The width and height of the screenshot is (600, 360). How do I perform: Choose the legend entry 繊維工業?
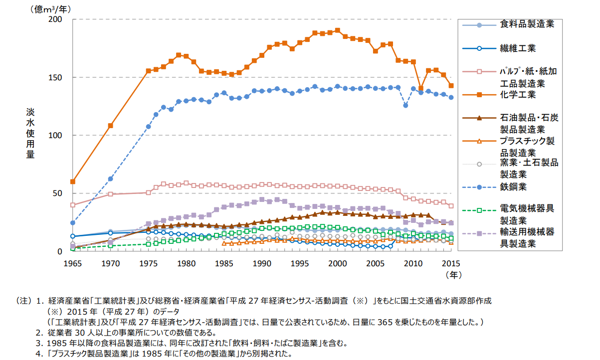click(518, 48)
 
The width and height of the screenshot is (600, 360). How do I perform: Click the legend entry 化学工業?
click(518, 94)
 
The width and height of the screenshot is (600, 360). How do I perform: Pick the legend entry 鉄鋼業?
click(514, 187)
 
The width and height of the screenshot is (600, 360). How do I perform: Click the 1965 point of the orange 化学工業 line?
click(73, 181)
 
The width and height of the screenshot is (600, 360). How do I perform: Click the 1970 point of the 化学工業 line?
click(111, 126)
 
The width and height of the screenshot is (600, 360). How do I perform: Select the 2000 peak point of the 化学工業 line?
click(338, 30)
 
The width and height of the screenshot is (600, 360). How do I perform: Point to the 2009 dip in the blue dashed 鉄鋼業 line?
click(405, 105)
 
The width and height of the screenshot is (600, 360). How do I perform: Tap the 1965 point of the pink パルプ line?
click(73, 205)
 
